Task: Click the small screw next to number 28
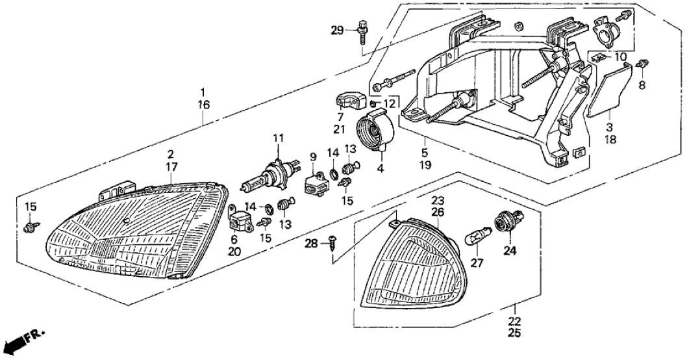pos(333,243)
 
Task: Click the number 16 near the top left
pos(203,103)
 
